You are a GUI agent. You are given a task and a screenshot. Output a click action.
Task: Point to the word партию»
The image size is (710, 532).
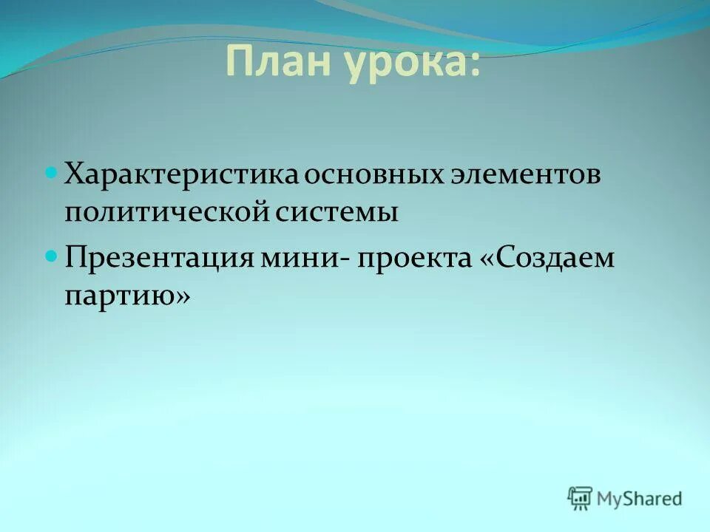coord(127,297)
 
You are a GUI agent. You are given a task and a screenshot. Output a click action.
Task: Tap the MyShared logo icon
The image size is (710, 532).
coord(580,499)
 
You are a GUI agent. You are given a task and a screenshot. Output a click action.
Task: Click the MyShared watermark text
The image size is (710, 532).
coord(640,499)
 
